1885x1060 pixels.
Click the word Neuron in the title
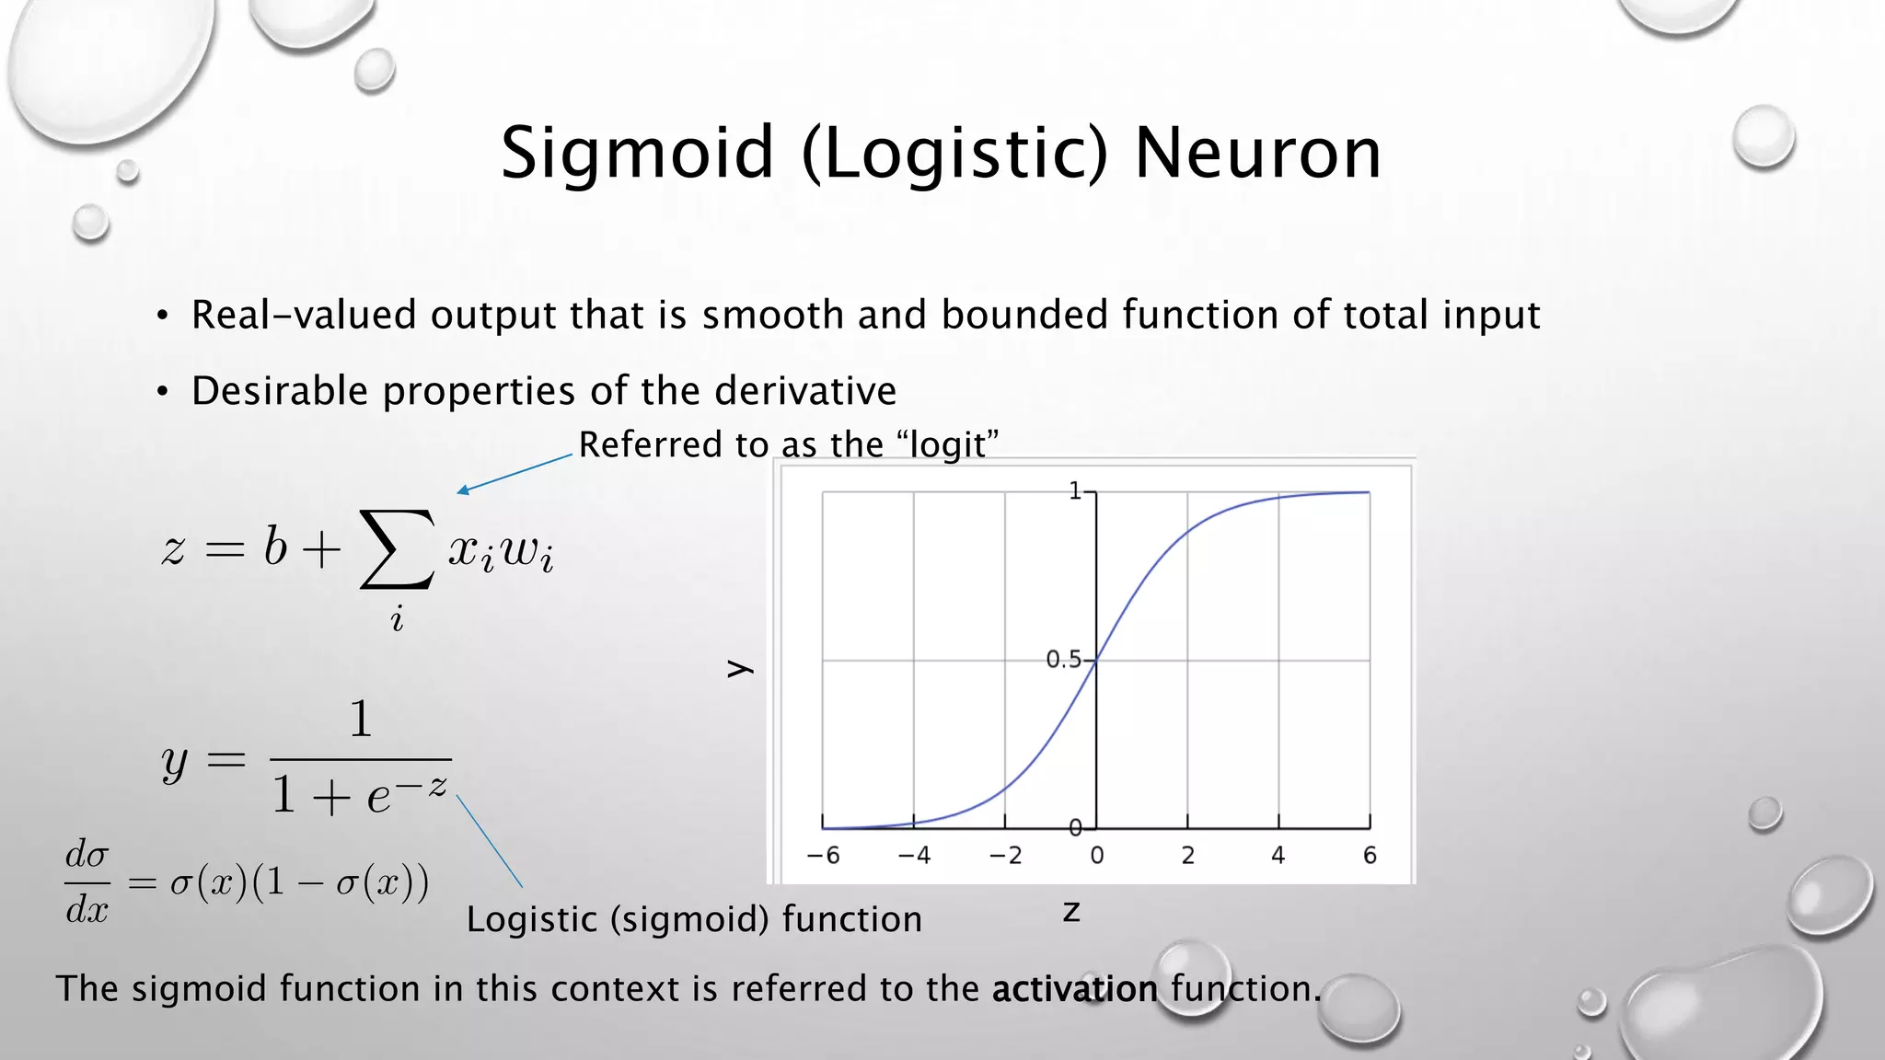coord(1257,155)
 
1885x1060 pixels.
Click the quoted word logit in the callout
coord(947,445)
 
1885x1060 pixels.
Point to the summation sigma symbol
coord(397,550)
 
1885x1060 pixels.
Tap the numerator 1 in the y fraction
coord(361,719)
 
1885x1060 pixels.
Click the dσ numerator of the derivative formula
coord(87,855)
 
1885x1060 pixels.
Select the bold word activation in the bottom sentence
coord(1074,989)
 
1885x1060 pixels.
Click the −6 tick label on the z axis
coord(823,856)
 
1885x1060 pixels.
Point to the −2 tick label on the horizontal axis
coord(1005,856)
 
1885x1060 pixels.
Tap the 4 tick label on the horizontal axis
coord(1278,856)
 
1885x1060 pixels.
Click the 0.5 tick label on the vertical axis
coord(1064,660)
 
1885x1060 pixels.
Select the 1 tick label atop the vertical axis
coord(1075,491)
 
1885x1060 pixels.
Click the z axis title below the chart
coord(1070,911)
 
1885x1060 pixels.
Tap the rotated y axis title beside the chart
coord(740,669)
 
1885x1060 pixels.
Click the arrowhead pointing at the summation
coord(463,490)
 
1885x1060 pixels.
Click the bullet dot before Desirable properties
coord(162,393)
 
